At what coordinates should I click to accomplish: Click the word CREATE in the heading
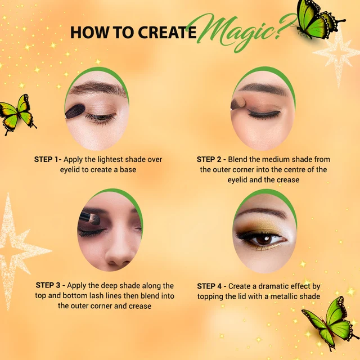167,33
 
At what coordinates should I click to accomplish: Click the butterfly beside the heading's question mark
320,19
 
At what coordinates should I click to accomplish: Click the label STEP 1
46,159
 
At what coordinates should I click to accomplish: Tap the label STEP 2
209,159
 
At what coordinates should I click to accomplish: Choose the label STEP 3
48,285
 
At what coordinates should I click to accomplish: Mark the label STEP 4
209,286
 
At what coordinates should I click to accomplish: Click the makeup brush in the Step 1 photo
75,111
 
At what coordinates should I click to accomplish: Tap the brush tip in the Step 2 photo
238,103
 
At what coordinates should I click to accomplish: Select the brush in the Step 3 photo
89,218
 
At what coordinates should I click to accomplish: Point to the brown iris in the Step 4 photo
263,240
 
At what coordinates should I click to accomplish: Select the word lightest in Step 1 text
111,159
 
